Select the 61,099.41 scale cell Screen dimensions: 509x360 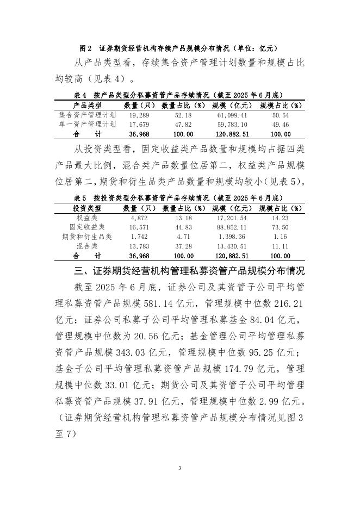232,116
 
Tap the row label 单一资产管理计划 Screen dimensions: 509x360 87,125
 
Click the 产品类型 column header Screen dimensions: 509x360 87,105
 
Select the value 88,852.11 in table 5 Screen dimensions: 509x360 232,227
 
